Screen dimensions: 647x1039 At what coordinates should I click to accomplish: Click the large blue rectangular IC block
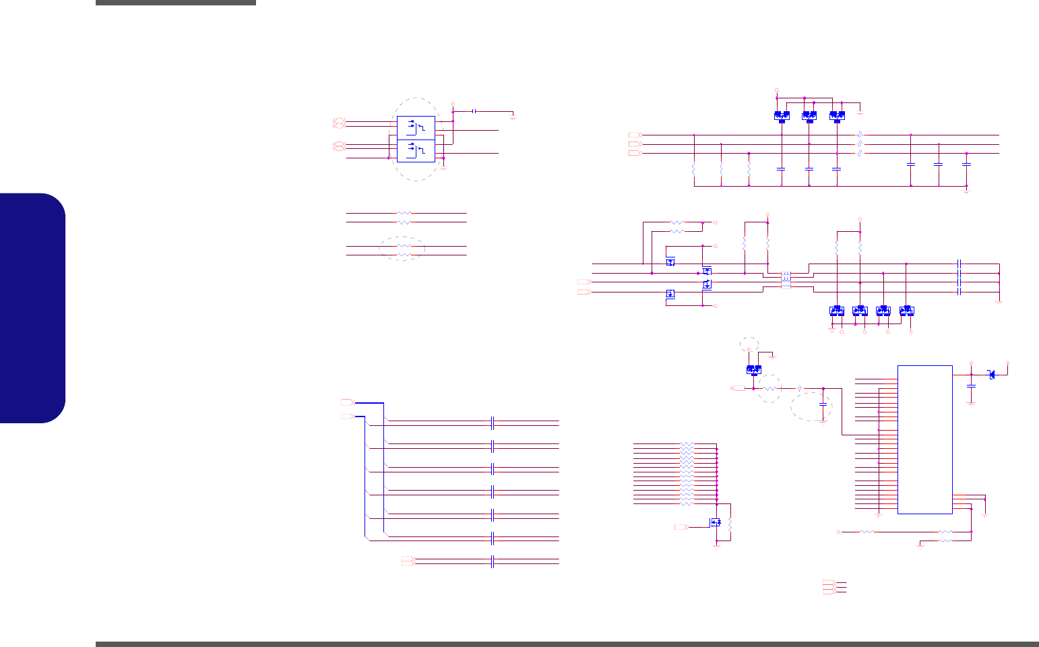pyautogui.click(x=924, y=439)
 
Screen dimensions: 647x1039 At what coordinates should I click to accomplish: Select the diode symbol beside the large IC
pyautogui.click(x=991, y=375)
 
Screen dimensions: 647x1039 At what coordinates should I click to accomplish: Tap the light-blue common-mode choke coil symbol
pyautogui.click(x=786, y=280)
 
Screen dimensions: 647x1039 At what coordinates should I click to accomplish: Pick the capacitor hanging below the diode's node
pyautogui.click(x=971, y=386)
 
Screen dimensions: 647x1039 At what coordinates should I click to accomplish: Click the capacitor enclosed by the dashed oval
pyautogui.click(x=823, y=404)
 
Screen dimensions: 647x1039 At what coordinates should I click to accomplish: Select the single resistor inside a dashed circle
pyautogui.click(x=769, y=389)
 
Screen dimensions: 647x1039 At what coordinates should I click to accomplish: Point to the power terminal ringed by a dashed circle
pyautogui.click(x=749, y=349)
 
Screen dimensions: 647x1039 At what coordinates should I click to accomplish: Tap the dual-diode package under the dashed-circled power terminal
pyautogui.click(x=754, y=369)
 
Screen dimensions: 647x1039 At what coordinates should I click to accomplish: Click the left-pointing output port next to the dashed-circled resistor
pyautogui.click(x=738, y=389)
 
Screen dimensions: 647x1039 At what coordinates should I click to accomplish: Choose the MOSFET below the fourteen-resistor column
pyautogui.click(x=716, y=522)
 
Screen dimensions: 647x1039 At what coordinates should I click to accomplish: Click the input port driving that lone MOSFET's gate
pyautogui.click(x=681, y=526)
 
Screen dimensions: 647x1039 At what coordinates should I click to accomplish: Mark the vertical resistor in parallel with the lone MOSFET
pyautogui.click(x=730, y=524)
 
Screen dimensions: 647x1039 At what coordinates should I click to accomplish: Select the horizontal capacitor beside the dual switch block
pyautogui.click(x=475, y=111)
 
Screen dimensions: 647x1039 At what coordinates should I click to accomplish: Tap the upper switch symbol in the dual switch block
pyautogui.click(x=416, y=126)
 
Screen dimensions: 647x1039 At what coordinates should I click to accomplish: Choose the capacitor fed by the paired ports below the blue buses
pyautogui.click(x=493, y=561)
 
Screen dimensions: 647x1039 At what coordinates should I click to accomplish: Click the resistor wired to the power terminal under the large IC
pyautogui.click(x=867, y=532)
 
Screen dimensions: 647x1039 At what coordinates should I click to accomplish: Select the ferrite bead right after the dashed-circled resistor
pyautogui.click(x=799, y=389)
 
